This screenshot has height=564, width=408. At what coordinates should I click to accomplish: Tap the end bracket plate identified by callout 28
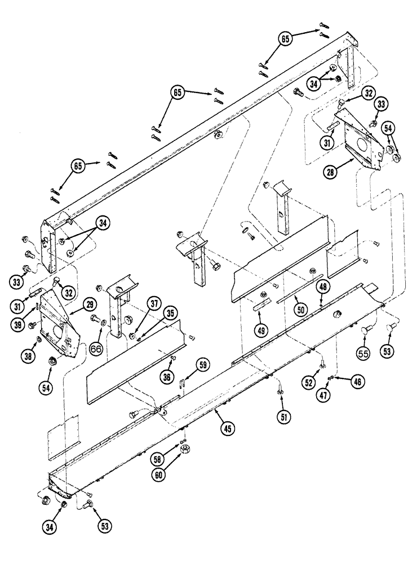pos(354,138)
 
